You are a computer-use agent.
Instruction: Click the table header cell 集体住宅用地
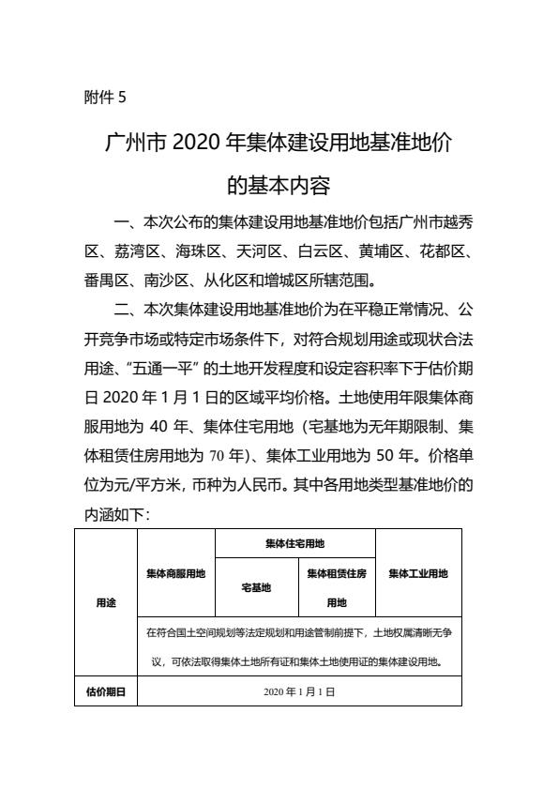(x=295, y=543)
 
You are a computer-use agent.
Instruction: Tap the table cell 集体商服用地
(x=176, y=573)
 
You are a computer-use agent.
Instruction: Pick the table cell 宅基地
(x=256, y=587)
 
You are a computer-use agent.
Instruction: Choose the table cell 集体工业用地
(x=417, y=573)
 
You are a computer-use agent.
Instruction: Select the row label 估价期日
(x=106, y=691)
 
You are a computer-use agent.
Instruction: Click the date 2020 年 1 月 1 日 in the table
(x=299, y=691)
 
